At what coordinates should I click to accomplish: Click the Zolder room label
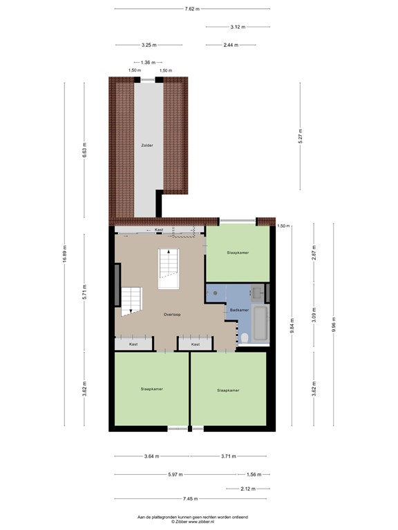coord(146,146)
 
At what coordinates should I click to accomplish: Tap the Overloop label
coord(173,314)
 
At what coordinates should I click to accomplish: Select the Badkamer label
coord(239,311)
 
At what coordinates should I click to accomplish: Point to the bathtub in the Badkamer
coord(260,323)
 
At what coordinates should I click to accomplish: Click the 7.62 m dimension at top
coord(191,9)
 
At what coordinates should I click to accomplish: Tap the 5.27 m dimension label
coord(301,137)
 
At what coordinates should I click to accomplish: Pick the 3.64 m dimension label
coord(151,456)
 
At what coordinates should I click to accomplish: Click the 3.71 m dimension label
coord(228,456)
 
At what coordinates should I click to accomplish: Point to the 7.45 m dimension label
coord(191,499)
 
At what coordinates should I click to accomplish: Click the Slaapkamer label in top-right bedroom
coord(238,253)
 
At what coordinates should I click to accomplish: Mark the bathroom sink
coord(257,292)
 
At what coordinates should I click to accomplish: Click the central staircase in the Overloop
coord(169,270)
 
